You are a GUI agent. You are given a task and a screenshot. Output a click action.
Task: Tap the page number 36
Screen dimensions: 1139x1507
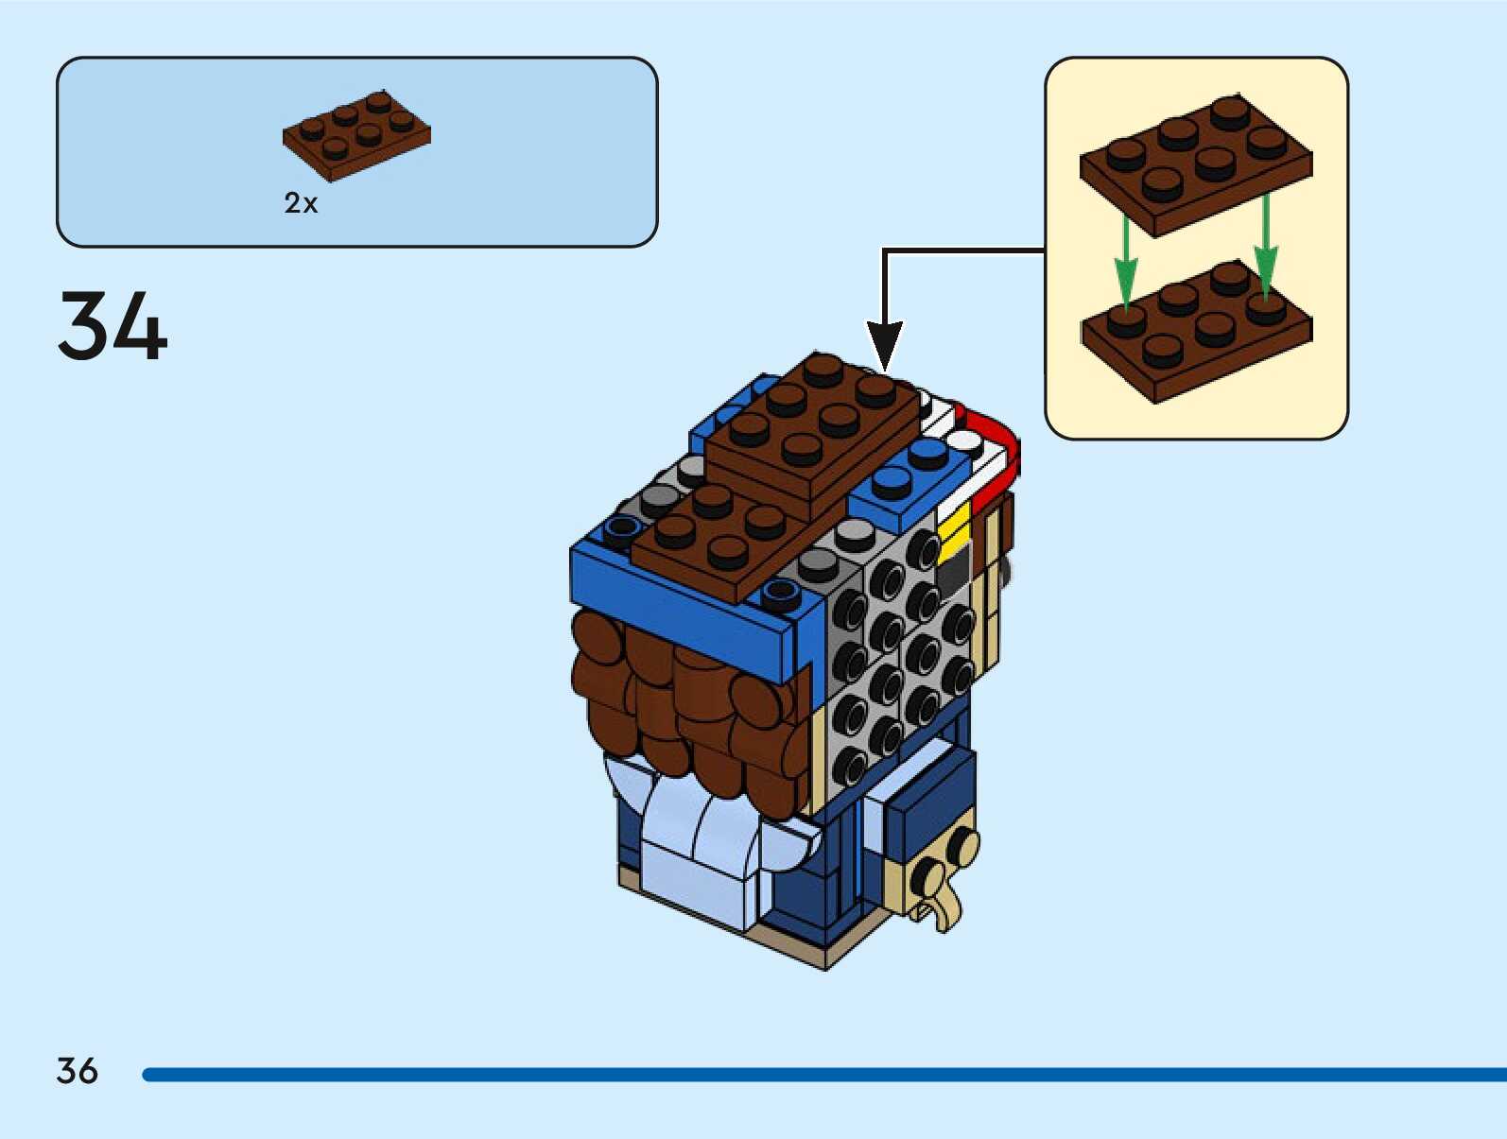[77, 1071]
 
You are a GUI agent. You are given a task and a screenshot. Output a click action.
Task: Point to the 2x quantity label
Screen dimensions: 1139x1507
[301, 202]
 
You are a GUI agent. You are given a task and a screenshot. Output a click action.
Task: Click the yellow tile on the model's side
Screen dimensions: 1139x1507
[955, 530]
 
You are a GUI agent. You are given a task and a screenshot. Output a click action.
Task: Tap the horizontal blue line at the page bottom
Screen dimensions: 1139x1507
[823, 1075]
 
